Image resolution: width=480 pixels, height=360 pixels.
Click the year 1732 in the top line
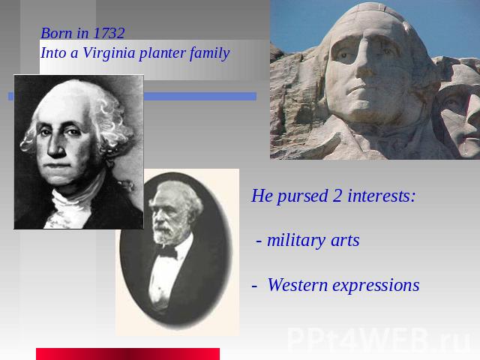tap(109, 33)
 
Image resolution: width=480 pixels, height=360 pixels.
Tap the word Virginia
tap(109, 53)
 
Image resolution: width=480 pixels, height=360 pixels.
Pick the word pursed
tap(302, 196)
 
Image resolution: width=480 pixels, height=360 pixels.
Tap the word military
tap(296, 241)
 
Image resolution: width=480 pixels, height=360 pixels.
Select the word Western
tap(298, 285)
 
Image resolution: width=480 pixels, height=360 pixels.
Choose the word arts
tap(345, 241)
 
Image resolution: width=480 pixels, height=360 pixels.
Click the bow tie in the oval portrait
tap(166, 252)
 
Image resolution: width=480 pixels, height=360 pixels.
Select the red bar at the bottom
tap(128, 354)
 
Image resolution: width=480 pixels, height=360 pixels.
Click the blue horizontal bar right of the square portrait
tap(200, 97)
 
